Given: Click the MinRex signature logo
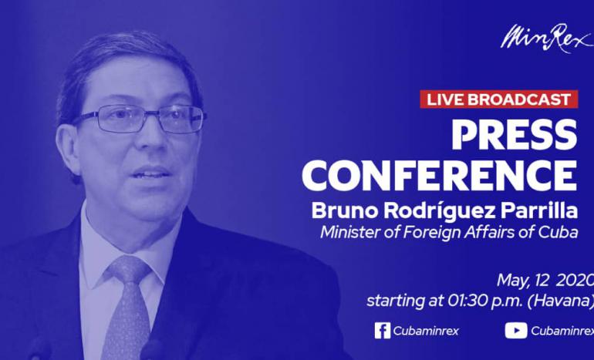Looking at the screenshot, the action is click(546, 38).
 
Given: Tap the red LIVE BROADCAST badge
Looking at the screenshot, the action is click(498, 99).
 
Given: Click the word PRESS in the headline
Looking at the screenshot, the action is click(515, 135).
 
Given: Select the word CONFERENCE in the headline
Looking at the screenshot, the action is click(440, 175).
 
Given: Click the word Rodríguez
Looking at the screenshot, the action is click(440, 212).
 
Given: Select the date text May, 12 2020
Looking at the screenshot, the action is click(545, 281).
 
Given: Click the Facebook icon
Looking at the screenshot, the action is click(382, 331).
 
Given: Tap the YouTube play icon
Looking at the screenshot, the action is click(515, 331).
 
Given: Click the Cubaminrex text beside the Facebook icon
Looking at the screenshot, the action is click(426, 331).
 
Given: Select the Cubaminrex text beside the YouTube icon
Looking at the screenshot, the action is click(562, 331).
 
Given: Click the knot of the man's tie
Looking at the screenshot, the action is click(129, 269).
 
